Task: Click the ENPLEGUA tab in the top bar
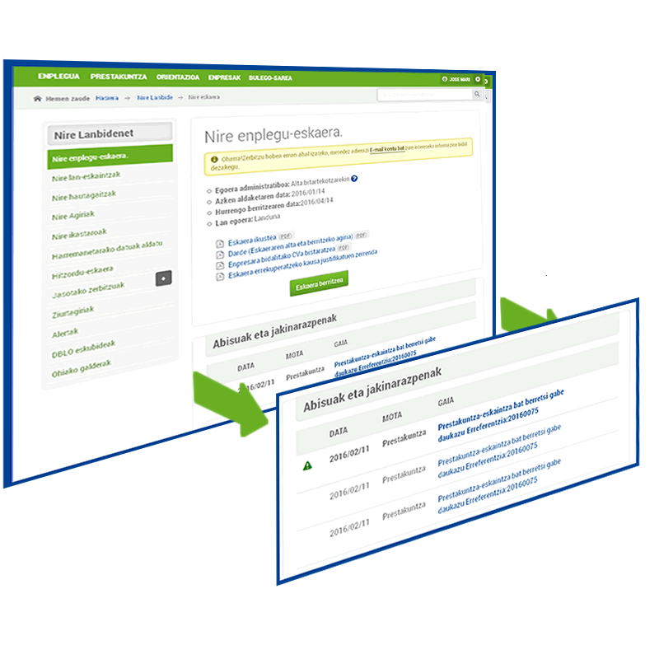(58, 77)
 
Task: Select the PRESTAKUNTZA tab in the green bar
(119, 77)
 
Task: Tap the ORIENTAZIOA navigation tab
(177, 77)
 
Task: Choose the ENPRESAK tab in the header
(224, 77)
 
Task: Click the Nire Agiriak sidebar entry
(72, 216)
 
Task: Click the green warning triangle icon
(308, 465)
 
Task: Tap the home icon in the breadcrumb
(37, 98)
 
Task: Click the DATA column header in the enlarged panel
(339, 432)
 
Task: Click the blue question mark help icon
(354, 178)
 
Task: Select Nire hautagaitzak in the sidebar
(83, 196)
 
